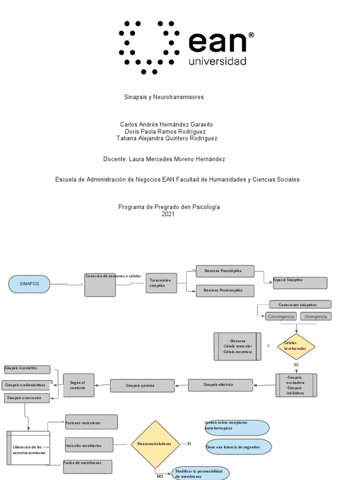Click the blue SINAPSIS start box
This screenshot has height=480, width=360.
29,284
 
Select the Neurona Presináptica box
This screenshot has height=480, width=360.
225,271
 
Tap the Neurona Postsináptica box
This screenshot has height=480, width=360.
225,291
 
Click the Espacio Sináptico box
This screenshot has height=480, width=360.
300,283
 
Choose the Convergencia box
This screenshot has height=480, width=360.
281,316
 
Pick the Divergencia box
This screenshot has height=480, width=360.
315,316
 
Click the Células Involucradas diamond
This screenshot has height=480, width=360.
296,346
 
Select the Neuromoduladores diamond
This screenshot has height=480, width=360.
155,444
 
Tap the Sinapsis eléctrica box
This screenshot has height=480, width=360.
220,385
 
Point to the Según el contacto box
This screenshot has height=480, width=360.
79,385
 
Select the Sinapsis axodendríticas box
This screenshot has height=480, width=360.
27,385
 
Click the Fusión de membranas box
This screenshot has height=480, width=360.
88,466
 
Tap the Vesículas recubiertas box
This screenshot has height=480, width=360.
89,445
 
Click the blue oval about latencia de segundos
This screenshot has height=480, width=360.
239,447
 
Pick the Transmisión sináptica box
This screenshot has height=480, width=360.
161,283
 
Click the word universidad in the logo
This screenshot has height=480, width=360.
217,61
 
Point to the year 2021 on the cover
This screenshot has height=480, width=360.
168,214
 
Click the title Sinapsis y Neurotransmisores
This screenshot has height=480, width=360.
164,97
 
